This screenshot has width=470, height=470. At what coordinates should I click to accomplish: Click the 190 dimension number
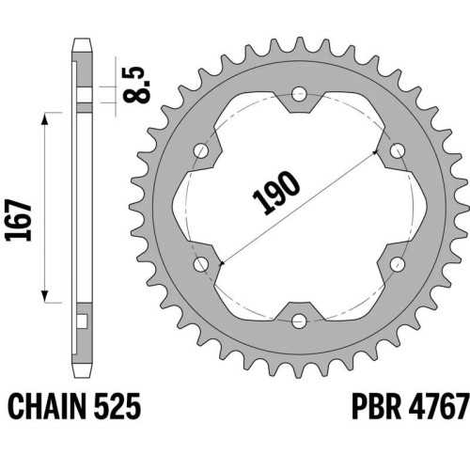pyautogui.click(x=276, y=194)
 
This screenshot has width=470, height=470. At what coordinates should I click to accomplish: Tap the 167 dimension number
pyautogui.click(x=19, y=220)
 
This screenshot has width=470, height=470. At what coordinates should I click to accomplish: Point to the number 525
pyautogui.click(x=117, y=406)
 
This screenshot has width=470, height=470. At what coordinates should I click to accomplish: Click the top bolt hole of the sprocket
pyautogui.click(x=299, y=94)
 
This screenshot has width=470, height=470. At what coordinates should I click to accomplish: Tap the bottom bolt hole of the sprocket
pyautogui.click(x=299, y=321)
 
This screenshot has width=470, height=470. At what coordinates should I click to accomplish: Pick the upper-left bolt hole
pyautogui.click(x=201, y=150)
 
